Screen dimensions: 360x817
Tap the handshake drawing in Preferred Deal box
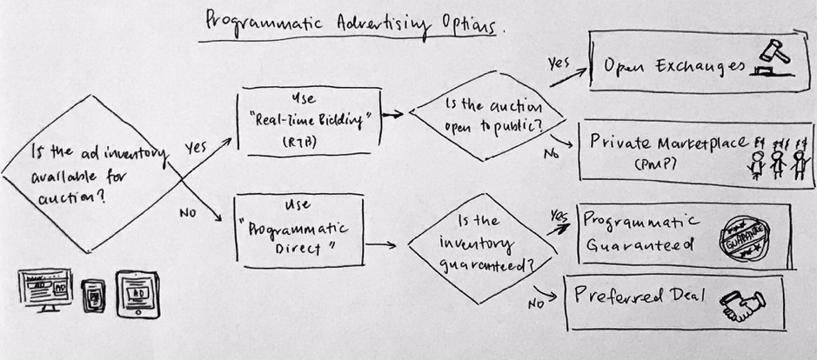pos(741,303)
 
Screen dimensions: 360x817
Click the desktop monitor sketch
pos(44,290)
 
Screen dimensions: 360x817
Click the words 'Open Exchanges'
pos(666,65)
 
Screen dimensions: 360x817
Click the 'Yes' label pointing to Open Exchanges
pos(559,63)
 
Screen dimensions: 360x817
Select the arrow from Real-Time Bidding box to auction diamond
pos(395,114)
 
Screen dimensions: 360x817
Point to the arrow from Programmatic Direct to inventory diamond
pos(383,245)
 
